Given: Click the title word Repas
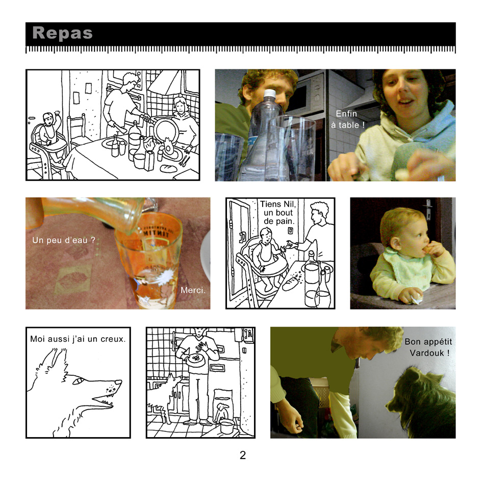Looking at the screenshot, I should point(62,33).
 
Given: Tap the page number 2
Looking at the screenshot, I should point(243,455).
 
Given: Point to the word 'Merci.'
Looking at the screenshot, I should point(193,290).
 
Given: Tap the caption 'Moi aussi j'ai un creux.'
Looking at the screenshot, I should point(78,339).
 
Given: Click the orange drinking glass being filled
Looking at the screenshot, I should point(148,260).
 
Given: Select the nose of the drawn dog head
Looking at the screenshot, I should point(118,382).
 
